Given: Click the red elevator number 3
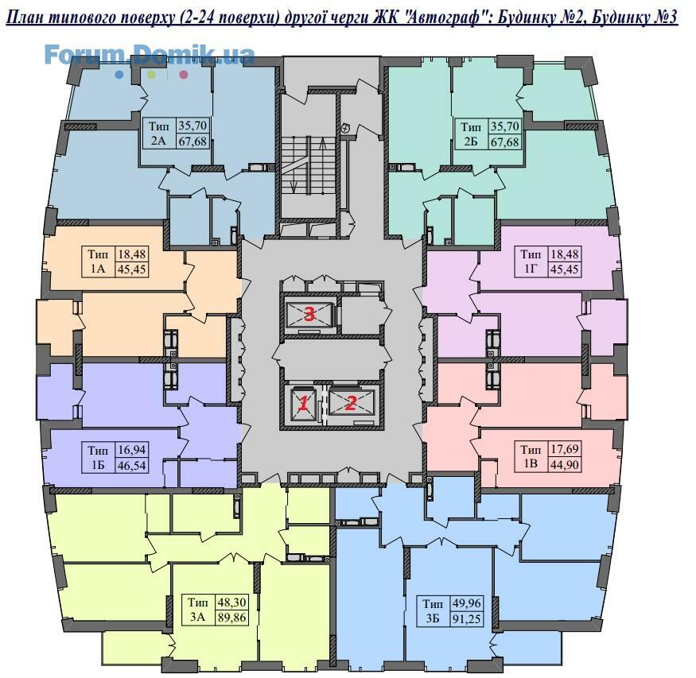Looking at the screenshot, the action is coord(309,315).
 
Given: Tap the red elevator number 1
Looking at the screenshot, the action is coord(304,404).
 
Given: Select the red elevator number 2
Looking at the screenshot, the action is coord(351,403).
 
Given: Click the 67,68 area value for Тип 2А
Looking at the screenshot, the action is coord(192,142).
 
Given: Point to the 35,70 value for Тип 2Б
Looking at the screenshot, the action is coord(504,126).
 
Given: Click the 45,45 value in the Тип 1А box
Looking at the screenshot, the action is coord(131,269).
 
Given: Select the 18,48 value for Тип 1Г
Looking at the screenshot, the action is coord(565,254).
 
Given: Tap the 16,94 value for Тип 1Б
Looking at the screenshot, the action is coord(132,451).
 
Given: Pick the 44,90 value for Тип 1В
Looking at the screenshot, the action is coord(564,464).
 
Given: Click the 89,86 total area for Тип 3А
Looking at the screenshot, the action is coord(231,617).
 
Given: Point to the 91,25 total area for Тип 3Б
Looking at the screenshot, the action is coord(466,618).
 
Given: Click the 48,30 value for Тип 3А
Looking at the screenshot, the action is coord(231,602).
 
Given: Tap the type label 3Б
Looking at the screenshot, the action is coord(433,618).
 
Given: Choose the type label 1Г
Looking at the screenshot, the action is coord(531,269).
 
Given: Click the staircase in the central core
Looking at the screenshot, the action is coord(308,165).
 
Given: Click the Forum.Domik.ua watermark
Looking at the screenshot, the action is coord(150,55).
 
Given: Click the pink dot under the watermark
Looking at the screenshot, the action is coord(183,75).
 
